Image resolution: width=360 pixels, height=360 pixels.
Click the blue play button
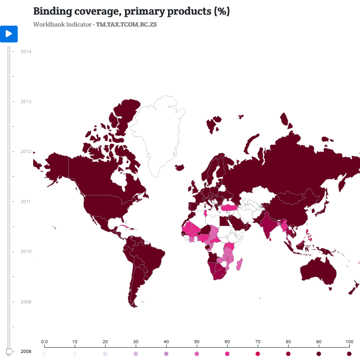click(x=9, y=34)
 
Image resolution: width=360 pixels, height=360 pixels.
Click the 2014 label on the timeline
click(x=26, y=51)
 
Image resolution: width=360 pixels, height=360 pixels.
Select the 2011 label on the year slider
click(x=26, y=201)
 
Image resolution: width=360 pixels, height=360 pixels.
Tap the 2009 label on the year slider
click(x=26, y=302)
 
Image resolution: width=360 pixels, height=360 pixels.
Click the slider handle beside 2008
click(x=9, y=352)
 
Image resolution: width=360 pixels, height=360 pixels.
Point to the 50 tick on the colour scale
click(x=197, y=342)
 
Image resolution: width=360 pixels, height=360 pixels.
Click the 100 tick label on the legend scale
click(x=349, y=342)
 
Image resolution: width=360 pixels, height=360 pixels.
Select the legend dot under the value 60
click(x=227, y=354)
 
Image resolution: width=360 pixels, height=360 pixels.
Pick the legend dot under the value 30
click(x=136, y=354)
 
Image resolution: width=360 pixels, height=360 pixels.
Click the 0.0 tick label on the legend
click(x=44, y=342)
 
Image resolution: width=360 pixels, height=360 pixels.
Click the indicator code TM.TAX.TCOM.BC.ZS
click(x=126, y=24)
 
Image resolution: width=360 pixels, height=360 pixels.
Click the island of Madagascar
click(x=239, y=265)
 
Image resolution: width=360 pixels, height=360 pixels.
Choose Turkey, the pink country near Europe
click(x=230, y=207)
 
